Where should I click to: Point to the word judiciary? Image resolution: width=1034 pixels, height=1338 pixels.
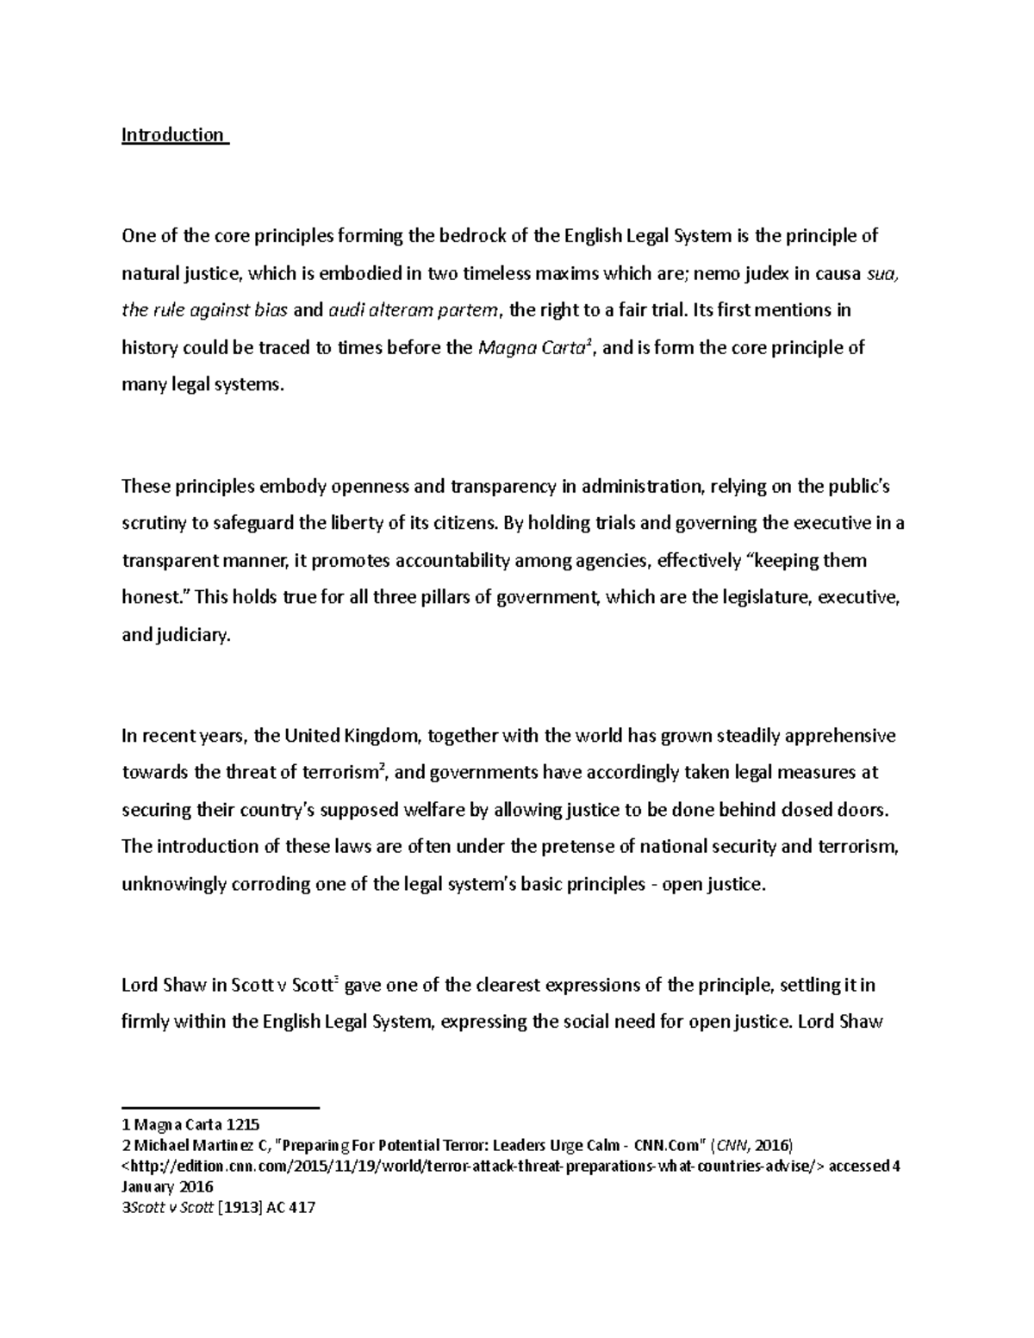(193, 636)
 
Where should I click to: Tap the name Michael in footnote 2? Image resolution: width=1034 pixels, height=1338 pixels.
(164, 1146)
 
